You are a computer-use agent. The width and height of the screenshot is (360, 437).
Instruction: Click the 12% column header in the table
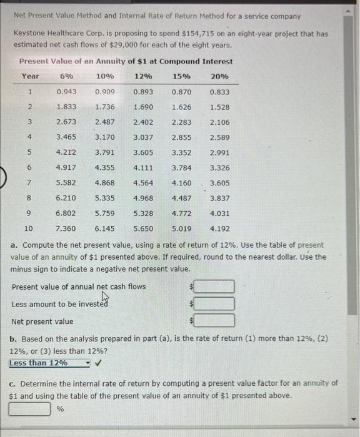[x=144, y=76]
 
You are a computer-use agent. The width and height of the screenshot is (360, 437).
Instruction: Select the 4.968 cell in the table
[x=144, y=199]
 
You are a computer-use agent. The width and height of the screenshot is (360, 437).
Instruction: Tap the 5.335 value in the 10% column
[x=105, y=199]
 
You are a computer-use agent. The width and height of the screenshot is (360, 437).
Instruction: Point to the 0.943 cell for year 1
[x=67, y=92]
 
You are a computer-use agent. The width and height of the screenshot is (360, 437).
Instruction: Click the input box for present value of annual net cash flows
[x=217, y=287]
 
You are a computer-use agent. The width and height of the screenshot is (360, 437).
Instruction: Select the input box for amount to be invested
[x=217, y=304]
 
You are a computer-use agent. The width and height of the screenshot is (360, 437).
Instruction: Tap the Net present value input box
[x=217, y=321]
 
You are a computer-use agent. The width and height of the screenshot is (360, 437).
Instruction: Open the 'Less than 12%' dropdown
[x=49, y=363]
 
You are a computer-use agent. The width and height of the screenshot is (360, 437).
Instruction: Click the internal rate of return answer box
[x=29, y=410]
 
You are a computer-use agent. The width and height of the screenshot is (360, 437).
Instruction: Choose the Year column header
[x=30, y=76]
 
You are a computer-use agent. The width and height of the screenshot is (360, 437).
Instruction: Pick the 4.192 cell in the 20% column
[x=220, y=229]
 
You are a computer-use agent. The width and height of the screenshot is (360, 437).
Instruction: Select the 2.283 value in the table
[x=182, y=122]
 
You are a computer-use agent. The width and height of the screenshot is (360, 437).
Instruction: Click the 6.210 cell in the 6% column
[x=67, y=199]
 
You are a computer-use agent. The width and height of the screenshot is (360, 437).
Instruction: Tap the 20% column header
[x=220, y=76]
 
